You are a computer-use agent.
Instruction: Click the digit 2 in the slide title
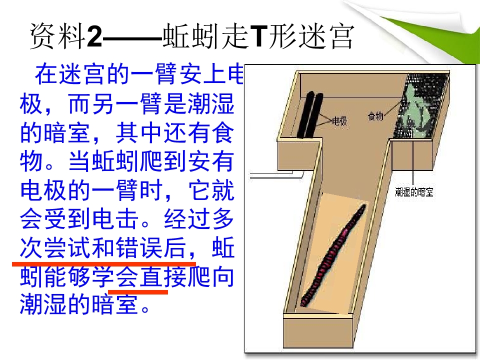(x=94, y=36)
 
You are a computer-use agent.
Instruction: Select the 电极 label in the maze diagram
(x=339, y=121)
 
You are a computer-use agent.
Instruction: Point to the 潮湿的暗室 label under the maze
(x=414, y=192)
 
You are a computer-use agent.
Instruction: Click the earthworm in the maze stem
(x=333, y=255)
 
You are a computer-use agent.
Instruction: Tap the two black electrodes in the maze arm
(x=310, y=115)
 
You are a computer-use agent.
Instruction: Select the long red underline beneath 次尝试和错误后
(x=104, y=263)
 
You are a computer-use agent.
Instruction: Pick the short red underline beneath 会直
(x=138, y=292)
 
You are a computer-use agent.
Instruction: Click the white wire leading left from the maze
(x=275, y=175)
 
